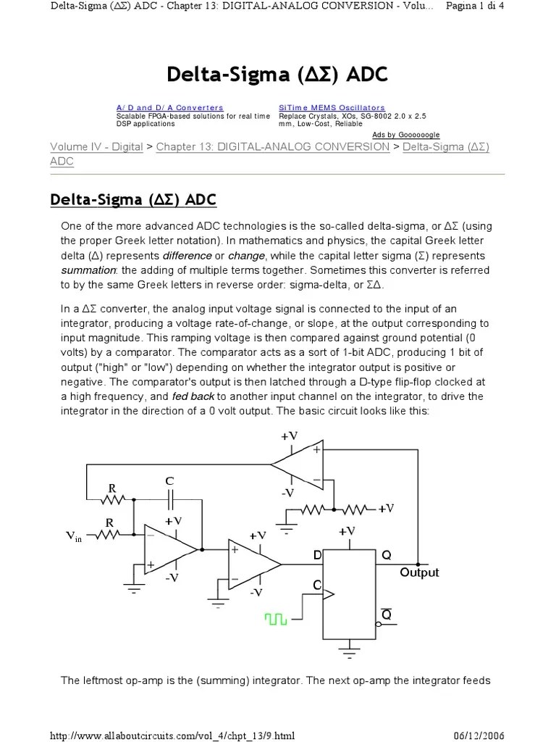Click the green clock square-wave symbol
coord(276,618)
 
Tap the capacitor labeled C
coord(171,499)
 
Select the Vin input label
coord(74,536)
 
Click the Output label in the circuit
coord(419,572)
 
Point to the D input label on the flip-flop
coord(316,555)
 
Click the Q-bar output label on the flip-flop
coord(386,614)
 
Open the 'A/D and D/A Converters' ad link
coord(170,108)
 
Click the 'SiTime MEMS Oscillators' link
coord(332,108)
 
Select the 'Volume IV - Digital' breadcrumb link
coord(96,147)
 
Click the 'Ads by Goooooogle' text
coord(405,135)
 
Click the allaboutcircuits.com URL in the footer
coord(172,735)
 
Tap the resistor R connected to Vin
coord(110,535)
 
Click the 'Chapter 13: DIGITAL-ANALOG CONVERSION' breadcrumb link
coord(273,147)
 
